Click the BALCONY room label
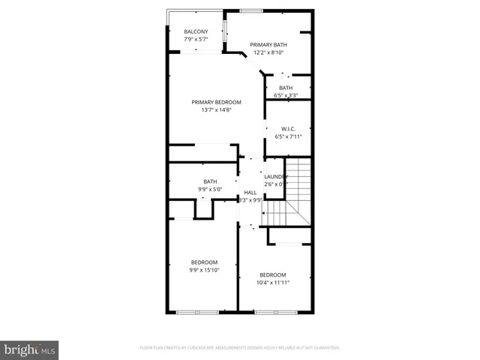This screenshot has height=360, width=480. click(196, 31)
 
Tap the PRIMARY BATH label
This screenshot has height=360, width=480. click(268, 45)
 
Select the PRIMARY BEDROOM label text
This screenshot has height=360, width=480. click(216, 102)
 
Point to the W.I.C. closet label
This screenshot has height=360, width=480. click(288, 129)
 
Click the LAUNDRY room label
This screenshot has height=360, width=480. click(275, 176)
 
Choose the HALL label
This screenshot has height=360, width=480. click(250, 193)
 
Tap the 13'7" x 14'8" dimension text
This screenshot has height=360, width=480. click(216, 110)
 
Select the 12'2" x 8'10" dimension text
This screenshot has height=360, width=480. click(268, 52)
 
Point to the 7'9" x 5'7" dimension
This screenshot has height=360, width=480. click(196, 39)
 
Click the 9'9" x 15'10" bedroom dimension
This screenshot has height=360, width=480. click(203, 270)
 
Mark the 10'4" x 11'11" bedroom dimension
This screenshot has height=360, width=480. click(273, 283)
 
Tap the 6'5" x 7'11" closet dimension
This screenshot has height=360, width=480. click(288, 136)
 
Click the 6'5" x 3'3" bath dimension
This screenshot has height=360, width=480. click(286, 95)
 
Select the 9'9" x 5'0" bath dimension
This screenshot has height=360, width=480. click(210, 189)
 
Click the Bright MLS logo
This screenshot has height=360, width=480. click(30, 349)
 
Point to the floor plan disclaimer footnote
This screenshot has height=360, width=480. click(240, 348)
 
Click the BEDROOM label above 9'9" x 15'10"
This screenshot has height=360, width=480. click(203, 262)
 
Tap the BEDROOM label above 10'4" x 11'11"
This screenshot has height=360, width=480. click(273, 274)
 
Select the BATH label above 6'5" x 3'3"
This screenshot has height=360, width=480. click(286, 88)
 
